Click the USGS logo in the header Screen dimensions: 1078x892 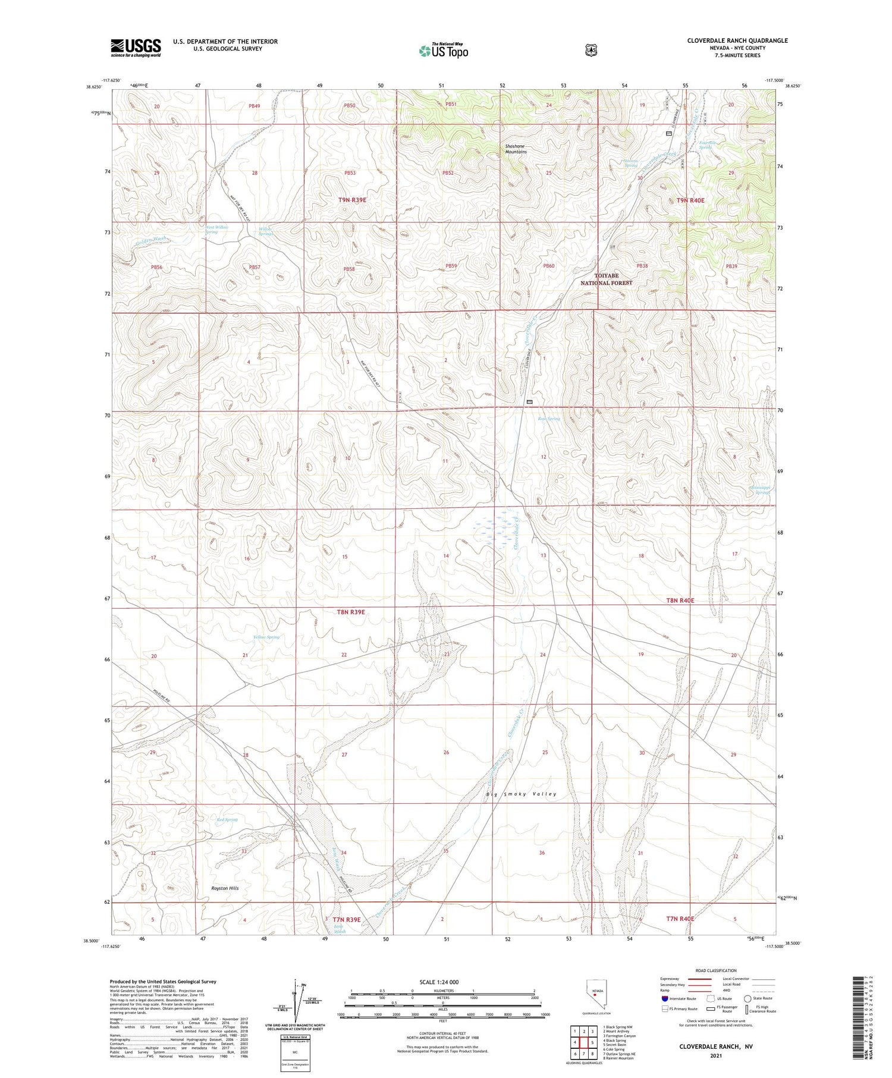click(136, 48)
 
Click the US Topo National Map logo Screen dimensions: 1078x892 click(444, 51)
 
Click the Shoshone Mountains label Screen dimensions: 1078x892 click(516, 149)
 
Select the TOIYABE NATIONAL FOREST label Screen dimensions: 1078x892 click(606, 279)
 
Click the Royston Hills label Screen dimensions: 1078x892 click(225, 888)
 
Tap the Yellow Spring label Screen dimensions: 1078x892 click(266, 637)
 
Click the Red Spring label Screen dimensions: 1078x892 click(227, 819)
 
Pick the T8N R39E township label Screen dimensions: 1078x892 click(351, 612)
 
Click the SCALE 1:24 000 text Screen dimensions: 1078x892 click(439, 982)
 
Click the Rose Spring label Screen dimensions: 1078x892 click(549, 419)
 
